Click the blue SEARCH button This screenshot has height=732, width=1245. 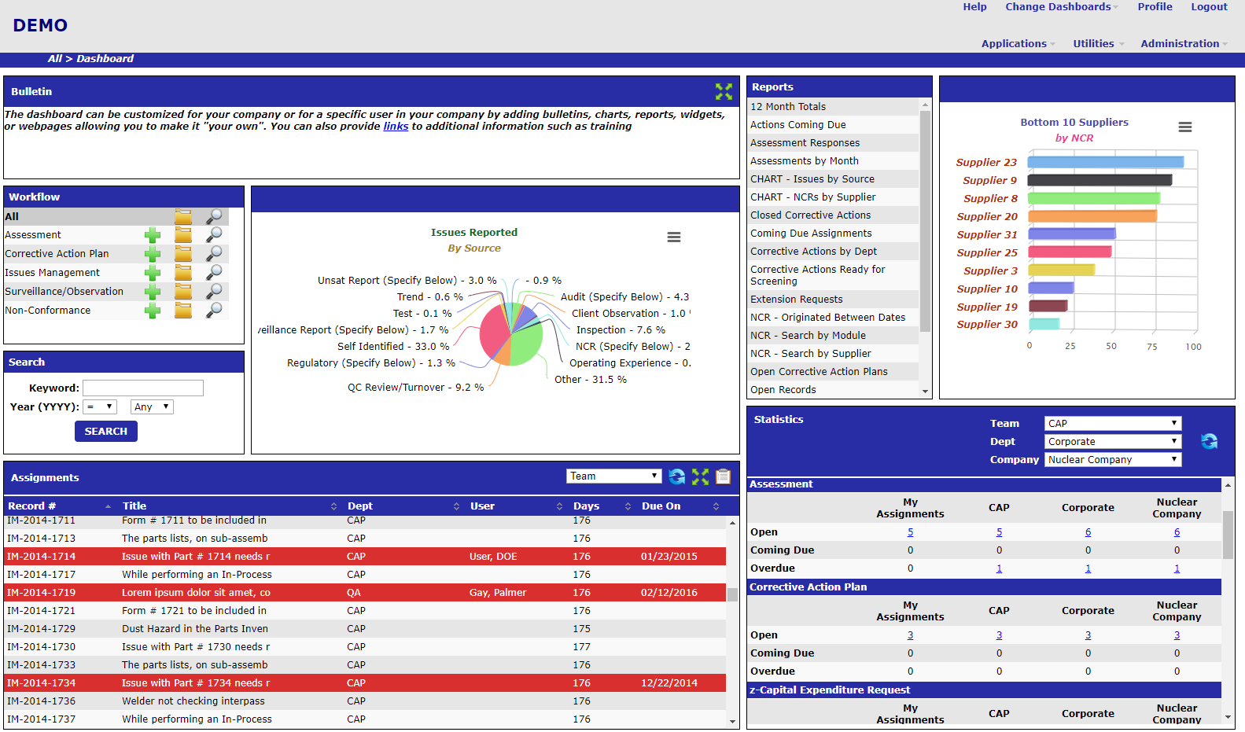click(106, 432)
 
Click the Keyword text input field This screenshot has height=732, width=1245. click(143, 388)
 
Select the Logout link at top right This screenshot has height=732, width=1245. click(1209, 7)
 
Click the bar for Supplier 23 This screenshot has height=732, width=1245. click(1105, 162)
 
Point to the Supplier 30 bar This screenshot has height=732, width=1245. click(1044, 324)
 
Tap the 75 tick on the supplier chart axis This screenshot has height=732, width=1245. click(1151, 347)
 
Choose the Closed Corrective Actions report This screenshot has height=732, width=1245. click(810, 215)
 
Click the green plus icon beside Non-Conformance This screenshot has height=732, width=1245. click(153, 311)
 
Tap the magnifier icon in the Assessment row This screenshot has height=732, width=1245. click(214, 235)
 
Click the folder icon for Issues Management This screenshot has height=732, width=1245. click(183, 273)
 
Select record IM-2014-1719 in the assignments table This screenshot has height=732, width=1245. click(42, 593)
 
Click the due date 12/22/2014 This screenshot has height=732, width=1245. click(669, 683)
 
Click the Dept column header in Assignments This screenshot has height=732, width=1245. click(360, 506)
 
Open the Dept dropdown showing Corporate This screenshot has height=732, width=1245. click(1113, 442)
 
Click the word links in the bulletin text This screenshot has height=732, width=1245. click(396, 127)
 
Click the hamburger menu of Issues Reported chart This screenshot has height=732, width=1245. click(674, 237)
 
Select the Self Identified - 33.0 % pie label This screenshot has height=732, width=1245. click(393, 347)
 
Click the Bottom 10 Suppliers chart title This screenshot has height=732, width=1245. click(1074, 123)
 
